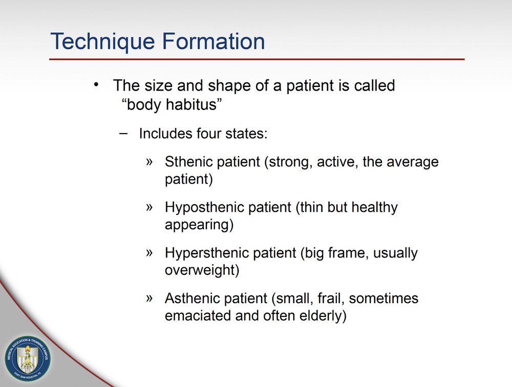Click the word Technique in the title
(102, 42)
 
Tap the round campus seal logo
(28, 358)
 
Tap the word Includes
(165, 133)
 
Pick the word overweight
(200, 270)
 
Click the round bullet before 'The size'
(96, 85)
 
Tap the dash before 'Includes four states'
(123, 133)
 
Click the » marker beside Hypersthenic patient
(149, 253)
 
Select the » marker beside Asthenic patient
(149, 298)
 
